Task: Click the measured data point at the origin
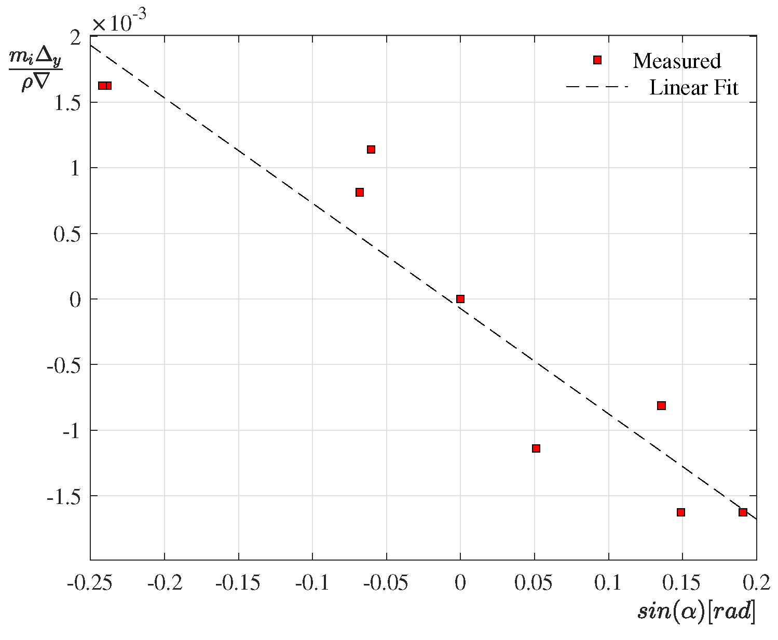460,299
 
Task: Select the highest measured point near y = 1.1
371,149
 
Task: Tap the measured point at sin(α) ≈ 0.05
536,448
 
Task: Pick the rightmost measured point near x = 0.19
743,512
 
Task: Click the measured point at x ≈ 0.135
661,405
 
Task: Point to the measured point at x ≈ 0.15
681,512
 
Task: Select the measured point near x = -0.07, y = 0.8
360,193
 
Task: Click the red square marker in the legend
597,60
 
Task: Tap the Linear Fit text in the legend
694,88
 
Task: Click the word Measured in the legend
677,61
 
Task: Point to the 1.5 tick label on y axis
67,103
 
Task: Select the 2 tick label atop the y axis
76,37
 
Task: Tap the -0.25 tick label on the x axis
90,583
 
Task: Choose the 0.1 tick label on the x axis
608,583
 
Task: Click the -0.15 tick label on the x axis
238,583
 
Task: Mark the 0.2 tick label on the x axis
756,583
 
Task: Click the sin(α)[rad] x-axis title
696,611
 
